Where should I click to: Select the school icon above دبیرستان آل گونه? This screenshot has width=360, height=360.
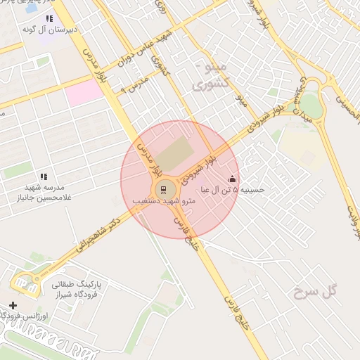[49, 18]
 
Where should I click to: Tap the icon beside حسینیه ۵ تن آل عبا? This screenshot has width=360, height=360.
[233, 179]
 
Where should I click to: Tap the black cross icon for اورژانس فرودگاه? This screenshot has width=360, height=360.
[13, 305]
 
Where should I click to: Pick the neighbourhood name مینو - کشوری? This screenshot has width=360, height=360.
[211, 75]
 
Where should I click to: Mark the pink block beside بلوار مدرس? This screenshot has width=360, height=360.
[84, 92]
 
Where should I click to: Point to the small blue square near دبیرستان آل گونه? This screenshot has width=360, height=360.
[31, 9]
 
